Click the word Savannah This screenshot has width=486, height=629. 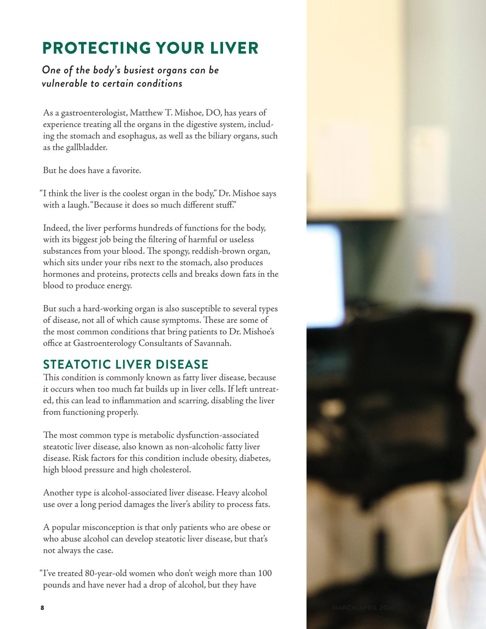tap(213, 343)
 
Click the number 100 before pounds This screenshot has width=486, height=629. tap(265, 574)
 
